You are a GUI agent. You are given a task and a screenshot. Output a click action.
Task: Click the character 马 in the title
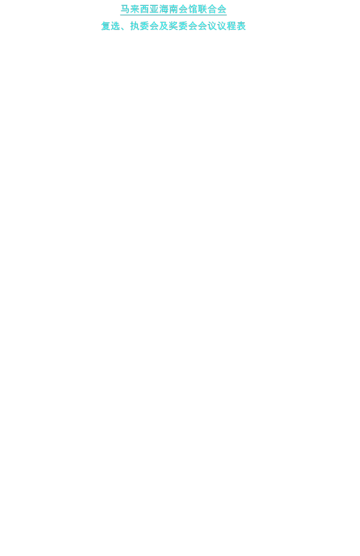pyautogui.click(x=125, y=9)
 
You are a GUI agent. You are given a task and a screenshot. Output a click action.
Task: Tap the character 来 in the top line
pyautogui.click(x=134, y=9)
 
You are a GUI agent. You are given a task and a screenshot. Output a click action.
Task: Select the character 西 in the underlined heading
pyautogui.click(x=144, y=9)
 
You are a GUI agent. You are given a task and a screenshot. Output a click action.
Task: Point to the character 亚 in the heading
pyautogui.click(x=154, y=9)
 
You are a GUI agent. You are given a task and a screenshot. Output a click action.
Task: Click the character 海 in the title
pyautogui.click(x=164, y=9)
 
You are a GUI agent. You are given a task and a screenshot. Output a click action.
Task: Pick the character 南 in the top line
pyautogui.click(x=173, y=9)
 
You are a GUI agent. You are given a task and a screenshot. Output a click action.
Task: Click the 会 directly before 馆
pyautogui.click(x=183, y=9)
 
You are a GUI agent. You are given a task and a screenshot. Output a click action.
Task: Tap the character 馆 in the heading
pyautogui.click(x=193, y=9)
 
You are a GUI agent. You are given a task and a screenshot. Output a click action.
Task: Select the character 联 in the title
pyautogui.click(x=202, y=9)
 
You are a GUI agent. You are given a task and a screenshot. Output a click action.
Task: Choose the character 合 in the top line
pyautogui.click(x=212, y=9)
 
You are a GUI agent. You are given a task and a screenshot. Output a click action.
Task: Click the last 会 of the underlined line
pyautogui.click(x=222, y=9)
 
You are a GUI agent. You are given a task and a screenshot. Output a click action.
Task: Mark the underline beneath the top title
pyautogui.click(x=173, y=15)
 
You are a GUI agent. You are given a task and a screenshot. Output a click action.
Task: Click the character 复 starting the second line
pyautogui.click(x=106, y=26)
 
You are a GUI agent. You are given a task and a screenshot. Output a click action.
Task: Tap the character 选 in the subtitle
pyautogui.click(x=116, y=26)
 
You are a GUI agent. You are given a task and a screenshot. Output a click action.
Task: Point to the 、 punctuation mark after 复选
pyautogui.click(x=124, y=28)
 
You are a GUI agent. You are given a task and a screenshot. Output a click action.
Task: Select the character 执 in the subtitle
pyautogui.click(x=135, y=26)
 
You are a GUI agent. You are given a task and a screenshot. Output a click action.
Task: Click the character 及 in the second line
pyautogui.click(x=164, y=26)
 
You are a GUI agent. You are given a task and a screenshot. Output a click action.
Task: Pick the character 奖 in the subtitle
pyautogui.click(x=173, y=26)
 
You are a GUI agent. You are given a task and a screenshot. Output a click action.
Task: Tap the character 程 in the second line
pyautogui.click(x=232, y=26)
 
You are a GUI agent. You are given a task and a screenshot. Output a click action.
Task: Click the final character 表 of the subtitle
pyautogui.click(x=241, y=26)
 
